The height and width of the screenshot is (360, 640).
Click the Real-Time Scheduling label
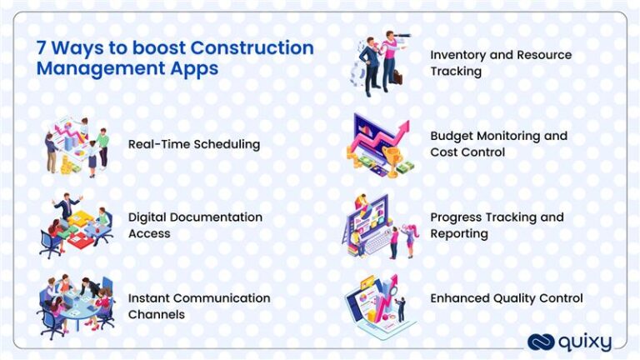tap(194, 144)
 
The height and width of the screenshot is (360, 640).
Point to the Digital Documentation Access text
tap(195, 225)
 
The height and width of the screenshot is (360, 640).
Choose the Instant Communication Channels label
tap(199, 306)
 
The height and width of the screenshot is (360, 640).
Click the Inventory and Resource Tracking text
tap(501, 62)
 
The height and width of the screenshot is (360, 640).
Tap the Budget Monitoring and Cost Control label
tap(498, 143)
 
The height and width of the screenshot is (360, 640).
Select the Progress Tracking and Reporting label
tap(497, 225)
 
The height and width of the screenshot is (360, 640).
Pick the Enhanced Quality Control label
tap(507, 298)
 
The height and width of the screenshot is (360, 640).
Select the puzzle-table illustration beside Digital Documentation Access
tap(76, 224)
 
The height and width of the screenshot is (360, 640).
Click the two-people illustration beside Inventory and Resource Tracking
tap(380, 63)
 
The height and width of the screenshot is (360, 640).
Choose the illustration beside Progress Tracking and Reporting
tap(380, 225)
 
